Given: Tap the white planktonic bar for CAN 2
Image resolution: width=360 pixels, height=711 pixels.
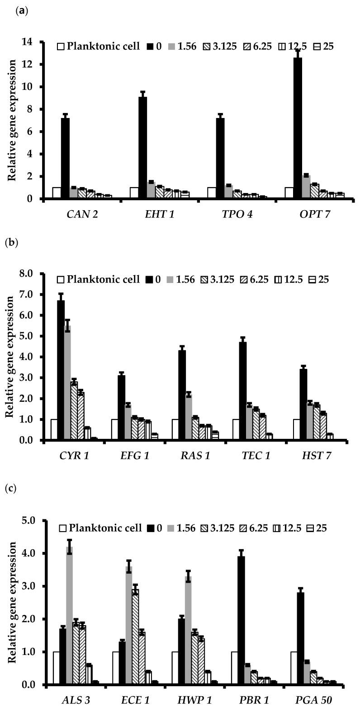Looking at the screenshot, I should click(x=57, y=193).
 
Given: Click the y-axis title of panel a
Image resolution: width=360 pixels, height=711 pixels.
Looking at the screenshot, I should click(x=13, y=120).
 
